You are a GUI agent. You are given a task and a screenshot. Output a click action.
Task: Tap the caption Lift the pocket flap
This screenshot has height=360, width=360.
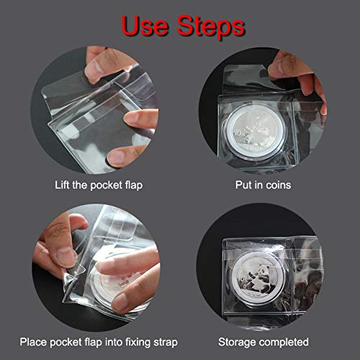click(99, 185)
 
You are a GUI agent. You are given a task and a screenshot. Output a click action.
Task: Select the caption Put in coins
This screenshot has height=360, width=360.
click(261, 185)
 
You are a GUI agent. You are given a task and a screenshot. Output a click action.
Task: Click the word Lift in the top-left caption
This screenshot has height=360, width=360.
click(65, 185)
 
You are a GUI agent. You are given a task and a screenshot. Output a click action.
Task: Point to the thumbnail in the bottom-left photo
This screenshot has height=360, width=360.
click(66, 255)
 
